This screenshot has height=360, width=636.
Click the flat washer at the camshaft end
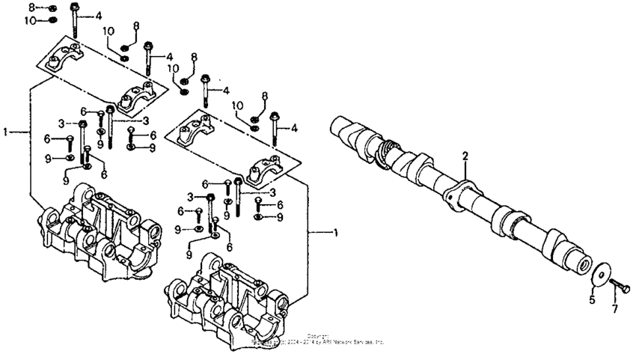click(x=600, y=275)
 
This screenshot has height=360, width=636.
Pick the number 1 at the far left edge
click(x=6, y=132)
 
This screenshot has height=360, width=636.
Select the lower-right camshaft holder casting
click(x=232, y=292)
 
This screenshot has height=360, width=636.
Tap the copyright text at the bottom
click(x=318, y=340)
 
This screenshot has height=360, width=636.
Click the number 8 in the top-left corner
click(x=31, y=7)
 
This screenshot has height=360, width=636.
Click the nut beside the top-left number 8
click(x=52, y=7)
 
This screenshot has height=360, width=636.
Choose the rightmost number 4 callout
click(x=294, y=128)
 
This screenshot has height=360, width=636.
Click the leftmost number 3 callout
click(x=63, y=123)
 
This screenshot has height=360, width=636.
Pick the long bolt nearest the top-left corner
click(x=76, y=19)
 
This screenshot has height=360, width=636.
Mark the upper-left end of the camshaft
click(x=339, y=126)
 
